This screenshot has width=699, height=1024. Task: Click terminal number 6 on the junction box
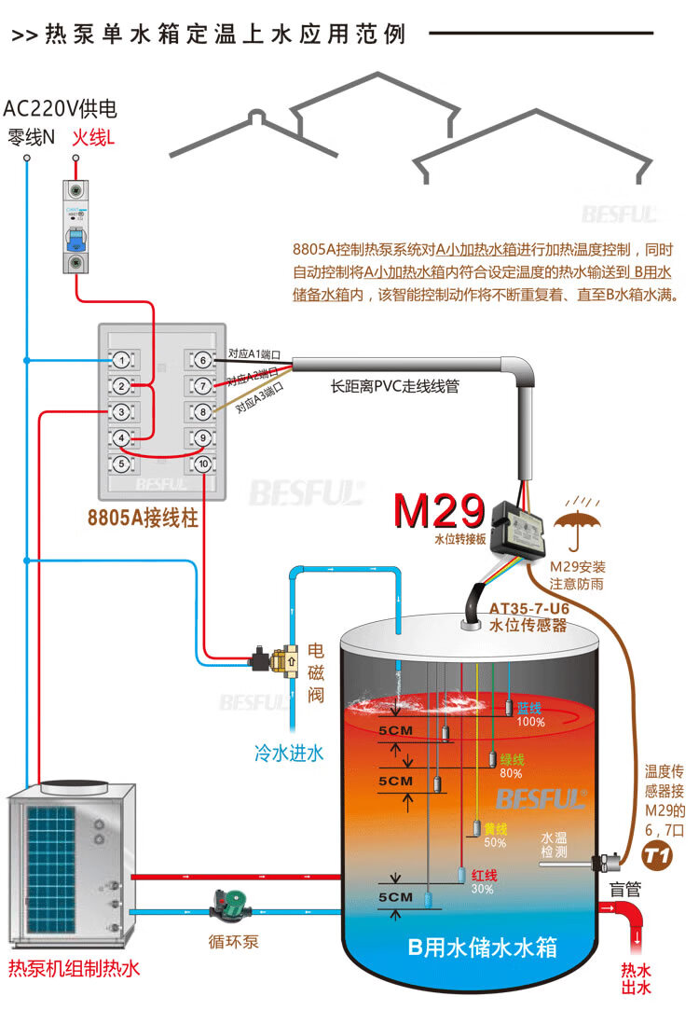point(201,359)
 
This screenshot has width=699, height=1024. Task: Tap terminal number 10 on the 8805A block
point(201,464)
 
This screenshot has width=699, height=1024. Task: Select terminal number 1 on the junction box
point(121,359)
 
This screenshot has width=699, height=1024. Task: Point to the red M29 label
point(439,511)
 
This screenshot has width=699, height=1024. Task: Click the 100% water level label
point(530,722)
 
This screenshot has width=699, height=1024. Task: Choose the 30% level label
point(483,889)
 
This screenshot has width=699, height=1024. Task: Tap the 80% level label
point(511,772)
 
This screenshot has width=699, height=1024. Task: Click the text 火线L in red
point(94,138)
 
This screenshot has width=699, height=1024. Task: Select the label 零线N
point(31,138)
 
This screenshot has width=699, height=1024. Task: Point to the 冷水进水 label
point(289,753)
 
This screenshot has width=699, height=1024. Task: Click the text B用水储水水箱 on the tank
point(483,948)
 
